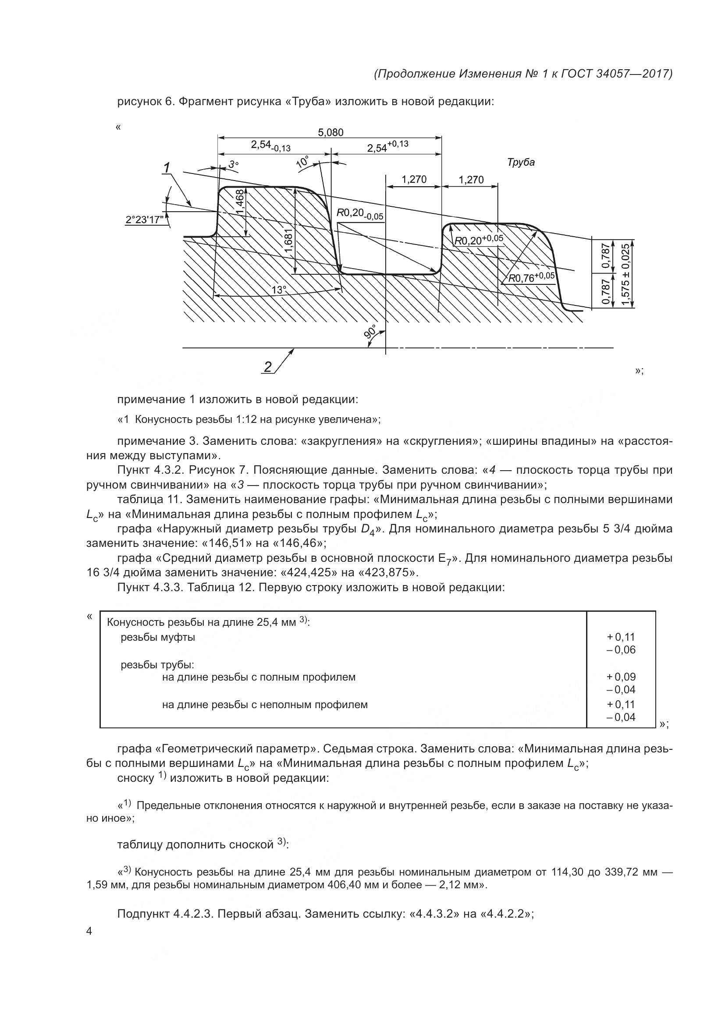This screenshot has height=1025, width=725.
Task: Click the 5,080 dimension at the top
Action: coord(331,133)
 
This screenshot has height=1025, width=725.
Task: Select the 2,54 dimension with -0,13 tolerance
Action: coord(270,145)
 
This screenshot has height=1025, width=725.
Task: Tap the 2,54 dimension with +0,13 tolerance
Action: coord(387,146)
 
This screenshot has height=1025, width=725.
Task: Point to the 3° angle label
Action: coord(234,165)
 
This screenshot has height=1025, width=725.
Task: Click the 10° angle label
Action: coord(303,162)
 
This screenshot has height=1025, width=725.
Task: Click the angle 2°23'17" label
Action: coord(144,220)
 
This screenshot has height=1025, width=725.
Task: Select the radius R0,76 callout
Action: coord(532,278)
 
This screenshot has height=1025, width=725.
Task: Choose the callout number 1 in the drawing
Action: coord(167,168)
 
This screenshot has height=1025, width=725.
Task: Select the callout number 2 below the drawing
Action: coord(267,367)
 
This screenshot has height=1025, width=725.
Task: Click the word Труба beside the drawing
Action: coord(521,163)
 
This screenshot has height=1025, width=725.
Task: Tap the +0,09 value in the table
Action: coord(621,677)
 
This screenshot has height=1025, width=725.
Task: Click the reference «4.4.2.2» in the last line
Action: coord(505,914)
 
